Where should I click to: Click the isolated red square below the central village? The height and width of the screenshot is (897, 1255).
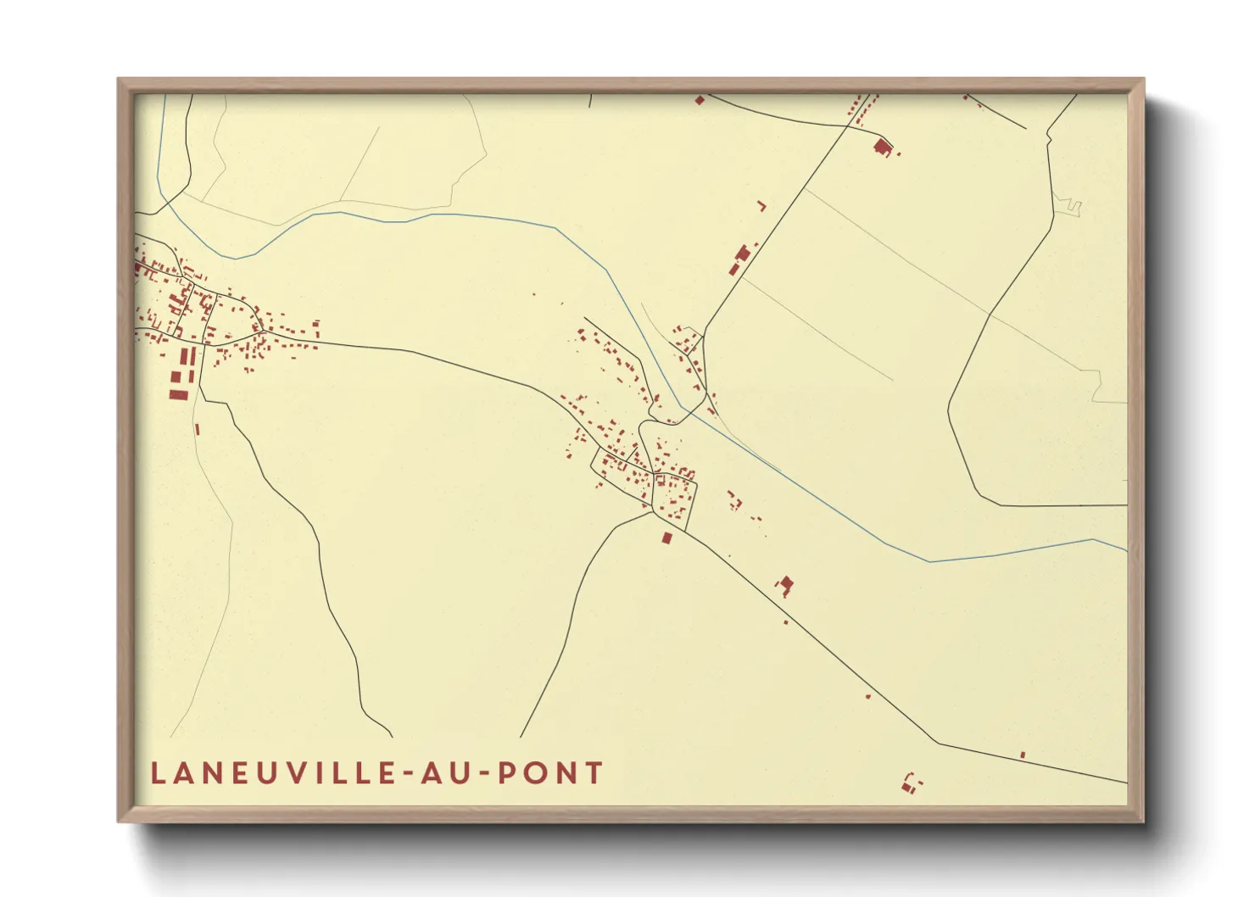click(x=667, y=538)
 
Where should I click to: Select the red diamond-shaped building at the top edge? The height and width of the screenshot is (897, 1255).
click(x=700, y=100)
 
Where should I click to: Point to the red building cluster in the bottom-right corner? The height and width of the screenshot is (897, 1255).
click(x=911, y=783)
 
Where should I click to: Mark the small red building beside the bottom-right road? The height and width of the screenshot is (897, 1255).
click(x=1023, y=755)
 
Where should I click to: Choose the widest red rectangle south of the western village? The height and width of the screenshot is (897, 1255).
click(x=178, y=394)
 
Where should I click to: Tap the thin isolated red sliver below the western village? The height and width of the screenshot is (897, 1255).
click(x=198, y=429)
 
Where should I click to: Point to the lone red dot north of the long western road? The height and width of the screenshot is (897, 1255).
click(x=534, y=294)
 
